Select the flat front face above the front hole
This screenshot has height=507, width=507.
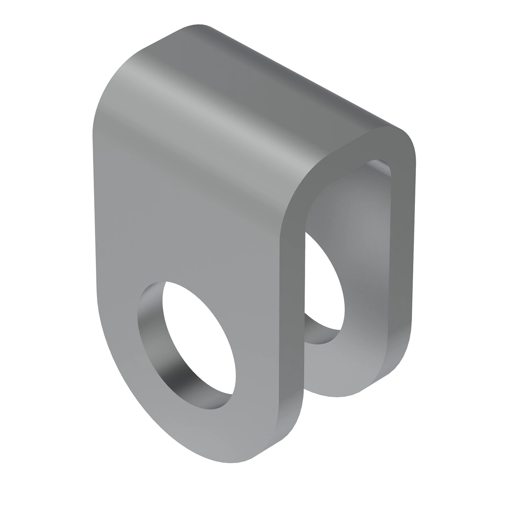(190, 224)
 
